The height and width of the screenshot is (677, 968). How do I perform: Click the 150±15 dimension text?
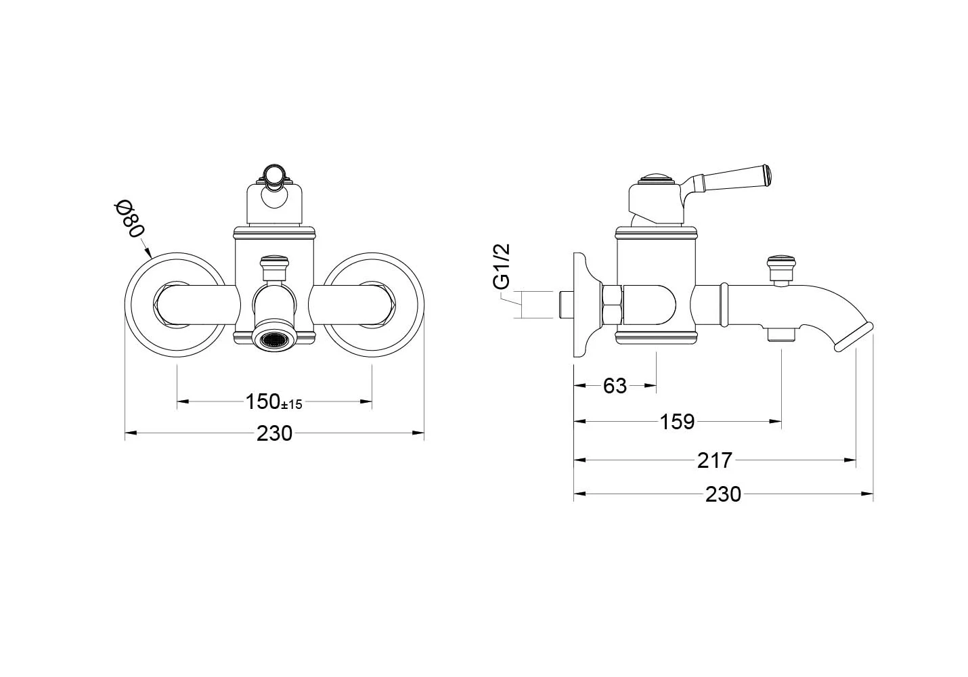click(273, 402)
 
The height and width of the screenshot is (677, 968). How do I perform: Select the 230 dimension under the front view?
click(274, 433)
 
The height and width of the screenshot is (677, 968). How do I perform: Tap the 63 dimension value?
click(615, 386)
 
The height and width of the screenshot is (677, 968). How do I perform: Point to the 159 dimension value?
click(677, 422)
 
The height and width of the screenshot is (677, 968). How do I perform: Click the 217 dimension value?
click(714, 460)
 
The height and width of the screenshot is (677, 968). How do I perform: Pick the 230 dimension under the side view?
click(723, 495)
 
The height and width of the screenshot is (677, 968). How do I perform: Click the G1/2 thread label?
click(502, 267)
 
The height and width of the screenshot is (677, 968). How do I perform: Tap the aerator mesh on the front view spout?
click(274, 341)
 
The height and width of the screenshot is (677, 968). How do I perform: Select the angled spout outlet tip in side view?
click(854, 336)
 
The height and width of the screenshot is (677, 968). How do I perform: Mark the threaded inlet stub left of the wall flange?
click(565, 304)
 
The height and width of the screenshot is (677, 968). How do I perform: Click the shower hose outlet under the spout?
click(782, 334)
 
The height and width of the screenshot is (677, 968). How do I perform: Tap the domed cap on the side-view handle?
click(655, 180)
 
